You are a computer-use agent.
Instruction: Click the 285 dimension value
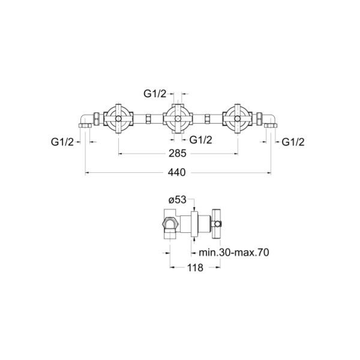pyautogui.click(x=178, y=154)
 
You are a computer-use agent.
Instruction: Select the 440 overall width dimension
pyautogui.click(x=176, y=172)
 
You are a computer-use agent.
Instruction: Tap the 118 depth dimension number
pyautogui.click(x=195, y=268)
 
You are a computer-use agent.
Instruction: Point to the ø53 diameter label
pyautogui.click(x=177, y=200)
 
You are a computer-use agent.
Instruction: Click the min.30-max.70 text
pyautogui.click(x=234, y=253)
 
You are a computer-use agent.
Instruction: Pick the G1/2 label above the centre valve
pyautogui.click(x=155, y=94)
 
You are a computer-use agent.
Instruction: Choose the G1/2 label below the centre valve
pyautogui.click(x=200, y=140)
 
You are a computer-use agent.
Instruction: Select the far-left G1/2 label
pyautogui.click(x=62, y=142)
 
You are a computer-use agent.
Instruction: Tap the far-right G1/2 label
pyautogui.click(x=293, y=142)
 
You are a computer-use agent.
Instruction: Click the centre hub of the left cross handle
pyautogui.click(x=118, y=119)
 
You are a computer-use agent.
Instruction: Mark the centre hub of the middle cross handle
pyautogui.click(x=177, y=119)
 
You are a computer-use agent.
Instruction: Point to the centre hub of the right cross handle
pyautogui.click(x=237, y=119)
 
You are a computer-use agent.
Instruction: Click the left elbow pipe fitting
pyautogui.click(x=86, y=121)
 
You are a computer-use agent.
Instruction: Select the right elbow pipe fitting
pyautogui.click(x=270, y=121)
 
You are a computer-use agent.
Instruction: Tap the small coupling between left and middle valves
pyautogui.click(x=148, y=119)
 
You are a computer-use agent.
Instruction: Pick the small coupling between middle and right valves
pyautogui.click(x=207, y=119)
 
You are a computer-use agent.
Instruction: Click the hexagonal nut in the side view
pyautogui.click(x=169, y=224)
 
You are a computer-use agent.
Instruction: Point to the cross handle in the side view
pyautogui.click(x=216, y=224)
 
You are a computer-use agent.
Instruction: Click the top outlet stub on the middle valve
pyautogui.click(x=178, y=106)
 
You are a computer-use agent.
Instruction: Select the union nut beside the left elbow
pyautogui.click(x=97, y=119)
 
